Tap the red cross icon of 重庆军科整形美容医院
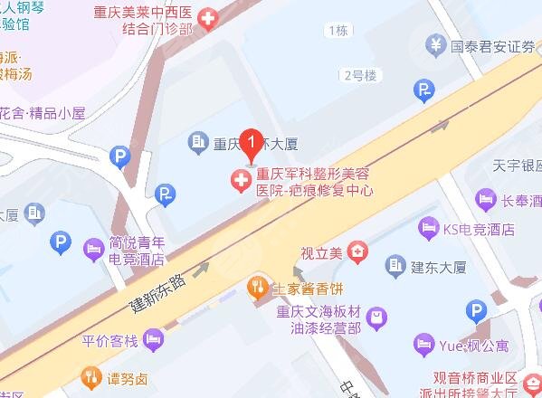coord(241,182)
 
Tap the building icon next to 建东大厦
coord(395,264)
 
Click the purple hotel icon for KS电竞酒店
coord(427,228)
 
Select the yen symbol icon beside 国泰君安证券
coord(436,43)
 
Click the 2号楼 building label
coord(359,75)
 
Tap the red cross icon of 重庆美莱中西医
coord(209,18)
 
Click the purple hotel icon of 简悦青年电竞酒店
coord(93,249)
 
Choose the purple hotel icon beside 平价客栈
coord(156,340)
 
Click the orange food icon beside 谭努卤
coord(90,376)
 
